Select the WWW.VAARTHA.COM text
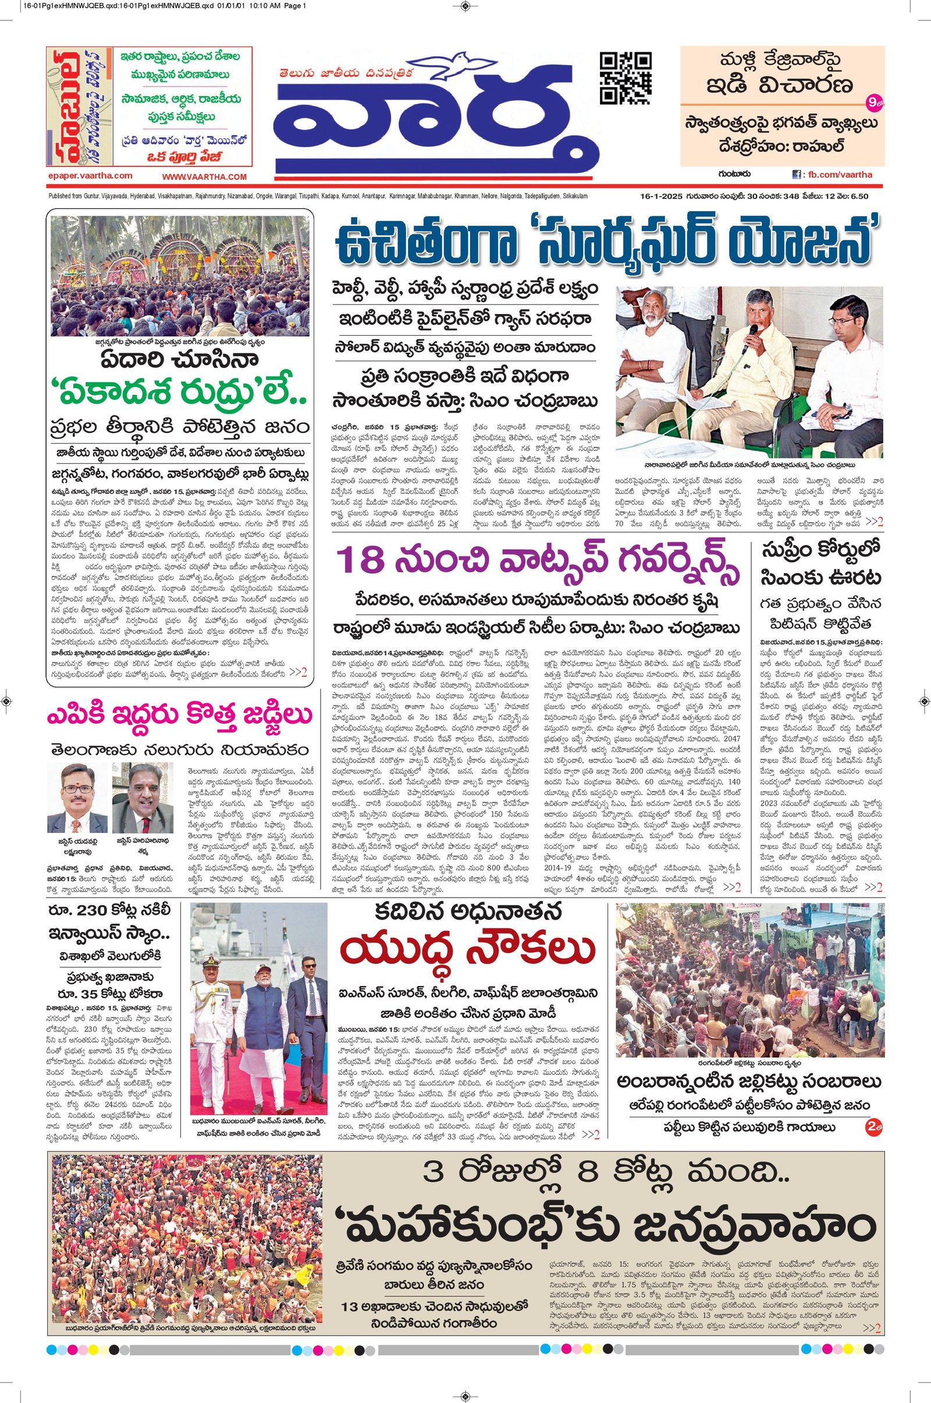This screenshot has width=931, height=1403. click(204, 177)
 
